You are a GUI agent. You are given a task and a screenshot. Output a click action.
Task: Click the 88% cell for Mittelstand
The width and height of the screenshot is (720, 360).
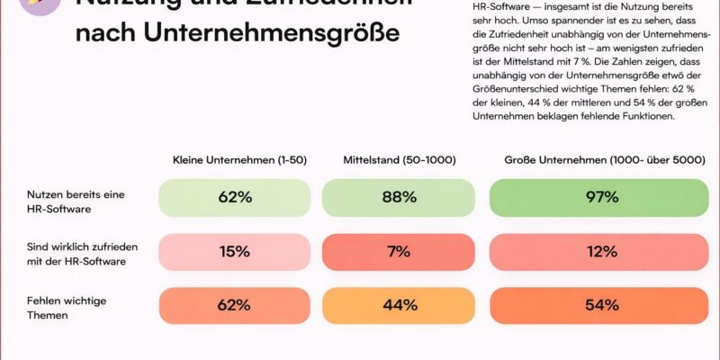click(398, 197)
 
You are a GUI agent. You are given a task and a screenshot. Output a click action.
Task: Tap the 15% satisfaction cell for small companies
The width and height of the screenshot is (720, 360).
click(234, 251)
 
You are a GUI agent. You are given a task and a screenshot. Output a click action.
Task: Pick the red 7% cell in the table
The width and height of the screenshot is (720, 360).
click(398, 251)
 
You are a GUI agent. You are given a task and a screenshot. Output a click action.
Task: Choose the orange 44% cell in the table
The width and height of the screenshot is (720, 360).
click(398, 305)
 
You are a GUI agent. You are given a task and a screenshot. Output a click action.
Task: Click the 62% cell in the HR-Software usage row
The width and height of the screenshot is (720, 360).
click(234, 197)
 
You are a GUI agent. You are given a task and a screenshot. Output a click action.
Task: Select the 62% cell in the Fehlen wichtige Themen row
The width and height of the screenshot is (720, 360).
click(234, 305)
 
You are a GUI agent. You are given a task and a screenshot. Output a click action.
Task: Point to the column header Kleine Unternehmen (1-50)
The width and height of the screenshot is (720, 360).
click(240, 160)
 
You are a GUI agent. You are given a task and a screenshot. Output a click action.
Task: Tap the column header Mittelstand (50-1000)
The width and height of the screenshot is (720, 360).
click(400, 160)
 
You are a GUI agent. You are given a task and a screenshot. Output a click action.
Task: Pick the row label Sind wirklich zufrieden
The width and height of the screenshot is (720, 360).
click(79, 251)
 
